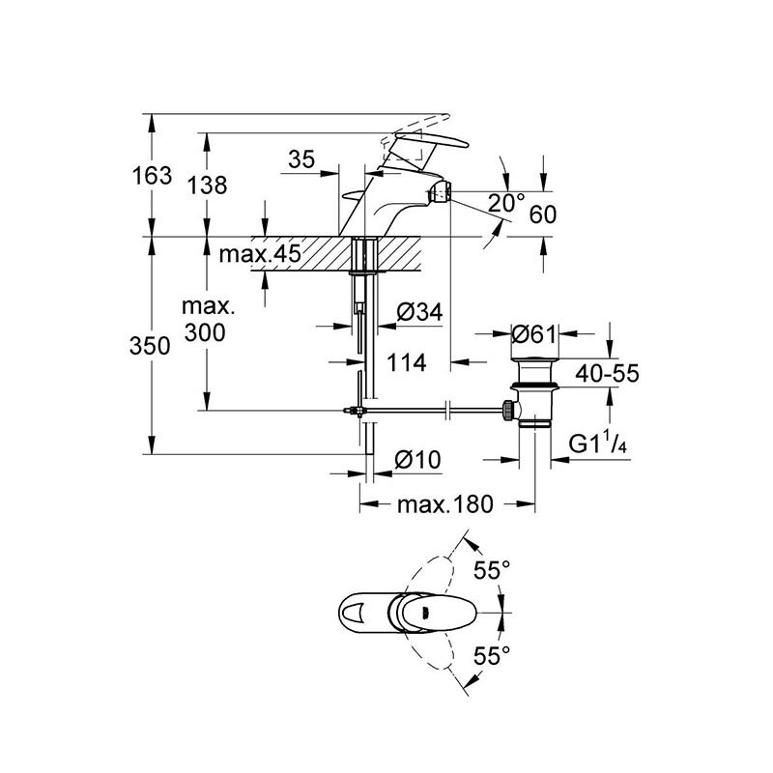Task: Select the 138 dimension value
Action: click(x=208, y=185)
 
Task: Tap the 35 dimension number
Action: click(x=301, y=161)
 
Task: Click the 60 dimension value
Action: click(x=543, y=215)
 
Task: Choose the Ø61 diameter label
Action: click(x=533, y=335)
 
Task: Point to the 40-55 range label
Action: click(x=604, y=375)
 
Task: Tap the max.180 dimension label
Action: click(x=446, y=504)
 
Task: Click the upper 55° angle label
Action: click(x=491, y=571)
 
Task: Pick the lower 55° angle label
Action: click(x=491, y=657)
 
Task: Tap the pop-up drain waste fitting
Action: click(x=533, y=391)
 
